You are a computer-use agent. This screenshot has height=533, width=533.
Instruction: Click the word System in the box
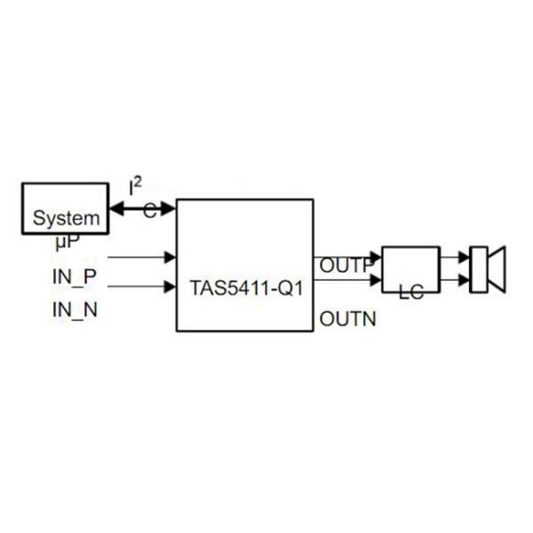pos(67,219)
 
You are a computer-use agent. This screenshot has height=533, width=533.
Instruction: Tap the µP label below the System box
pos(68,242)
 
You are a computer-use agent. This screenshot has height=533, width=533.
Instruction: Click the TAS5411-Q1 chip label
pos(246,288)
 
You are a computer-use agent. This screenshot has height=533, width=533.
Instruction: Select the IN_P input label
pos(75,277)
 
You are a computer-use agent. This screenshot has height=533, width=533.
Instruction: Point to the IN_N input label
pos(75,310)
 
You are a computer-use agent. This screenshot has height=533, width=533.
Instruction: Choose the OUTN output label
pos(347,319)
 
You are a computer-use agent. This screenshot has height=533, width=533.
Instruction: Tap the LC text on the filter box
pos(411,291)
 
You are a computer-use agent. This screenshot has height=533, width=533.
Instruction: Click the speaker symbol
pos(488,269)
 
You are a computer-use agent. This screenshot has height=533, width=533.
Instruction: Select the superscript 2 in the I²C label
pos(137,182)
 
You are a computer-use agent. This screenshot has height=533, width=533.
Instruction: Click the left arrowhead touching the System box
pos(117,208)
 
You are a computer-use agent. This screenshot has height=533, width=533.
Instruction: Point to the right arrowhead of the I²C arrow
pos(168,208)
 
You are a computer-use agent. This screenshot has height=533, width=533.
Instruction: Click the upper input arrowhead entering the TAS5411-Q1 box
pos(170,258)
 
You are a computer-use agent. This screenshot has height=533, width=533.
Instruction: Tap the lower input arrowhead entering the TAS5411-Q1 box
pos(170,287)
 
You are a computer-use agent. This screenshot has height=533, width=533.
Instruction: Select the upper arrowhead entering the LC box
pos(376,258)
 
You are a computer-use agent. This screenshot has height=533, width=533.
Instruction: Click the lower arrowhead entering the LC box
pos(376,280)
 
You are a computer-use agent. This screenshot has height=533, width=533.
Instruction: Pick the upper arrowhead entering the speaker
pos(464,258)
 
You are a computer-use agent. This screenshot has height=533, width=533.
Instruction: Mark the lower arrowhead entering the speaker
pos(464,281)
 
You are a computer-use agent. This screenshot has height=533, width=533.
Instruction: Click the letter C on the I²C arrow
pos(150,211)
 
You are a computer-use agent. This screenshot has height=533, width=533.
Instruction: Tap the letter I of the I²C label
pos(131,188)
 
